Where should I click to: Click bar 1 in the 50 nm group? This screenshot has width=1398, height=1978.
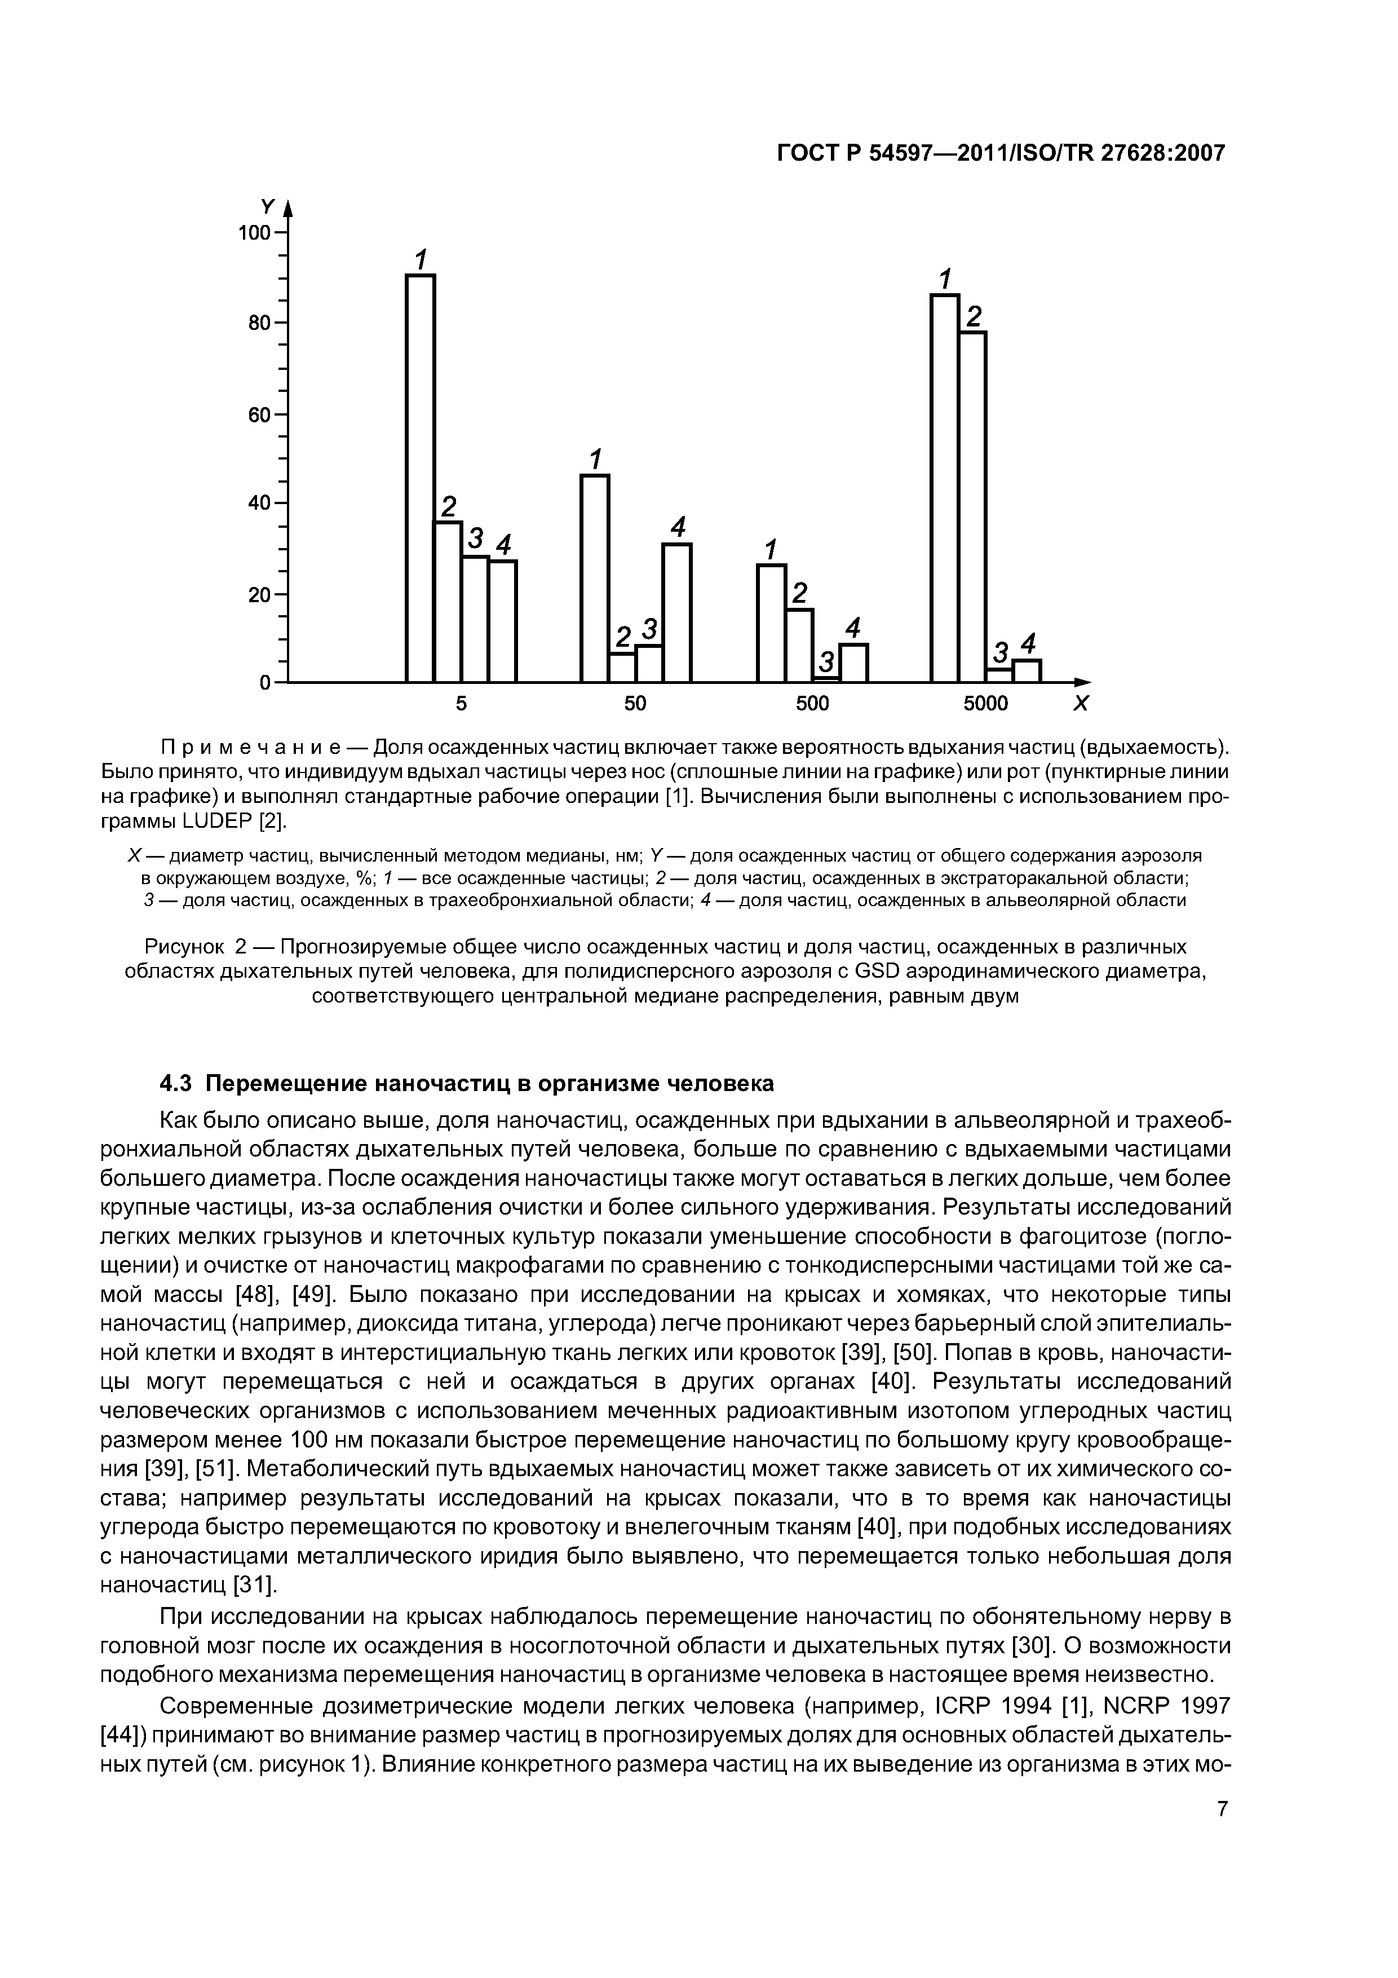594,578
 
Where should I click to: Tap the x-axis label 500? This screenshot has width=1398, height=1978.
811,704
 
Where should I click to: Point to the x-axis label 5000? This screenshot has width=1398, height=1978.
985,704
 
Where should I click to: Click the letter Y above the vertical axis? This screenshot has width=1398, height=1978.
267,207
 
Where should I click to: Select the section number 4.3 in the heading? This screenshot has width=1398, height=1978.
178,1083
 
